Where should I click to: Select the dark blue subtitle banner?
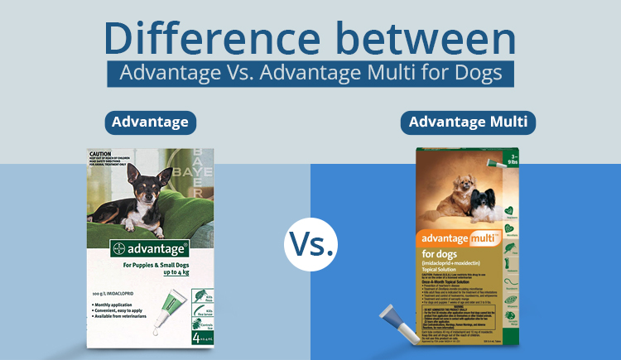coord(310,73)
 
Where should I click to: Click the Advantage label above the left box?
coord(151,123)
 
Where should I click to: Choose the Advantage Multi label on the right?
coord(469,123)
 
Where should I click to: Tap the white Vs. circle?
coord(311,244)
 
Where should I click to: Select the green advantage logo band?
coord(150,247)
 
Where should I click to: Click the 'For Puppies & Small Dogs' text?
coord(150,265)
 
